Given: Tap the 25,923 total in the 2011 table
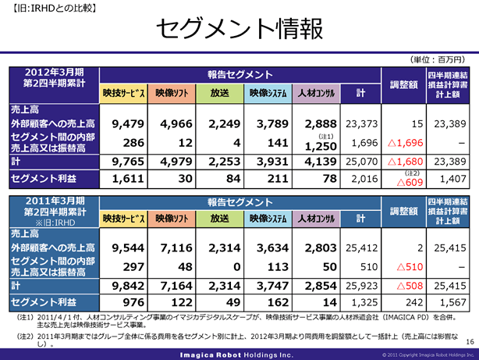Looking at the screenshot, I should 361,287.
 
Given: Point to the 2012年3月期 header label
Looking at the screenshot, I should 54,72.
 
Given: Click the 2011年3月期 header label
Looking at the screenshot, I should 54,202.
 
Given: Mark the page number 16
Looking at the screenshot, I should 469,341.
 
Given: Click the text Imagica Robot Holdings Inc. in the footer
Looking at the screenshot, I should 239,354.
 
